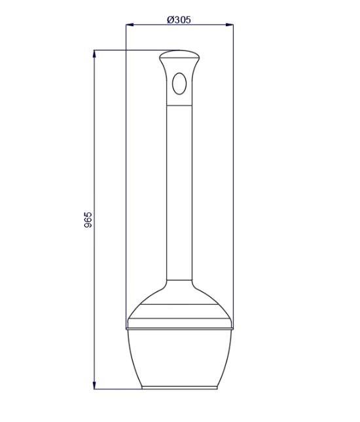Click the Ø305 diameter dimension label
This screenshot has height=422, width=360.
point(179,20)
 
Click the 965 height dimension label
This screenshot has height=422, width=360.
point(88,220)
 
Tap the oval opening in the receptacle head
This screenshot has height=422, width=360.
point(179,84)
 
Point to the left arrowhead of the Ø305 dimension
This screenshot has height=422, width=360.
point(130,25)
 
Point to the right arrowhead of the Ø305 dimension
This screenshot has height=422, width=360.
point(229,25)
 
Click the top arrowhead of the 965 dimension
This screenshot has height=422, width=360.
point(94,54)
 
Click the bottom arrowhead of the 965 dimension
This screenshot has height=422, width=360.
point(94,385)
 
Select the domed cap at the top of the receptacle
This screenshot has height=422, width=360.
point(179,54)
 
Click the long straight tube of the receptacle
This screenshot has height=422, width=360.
point(179,193)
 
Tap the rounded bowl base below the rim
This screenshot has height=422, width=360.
point(179,358)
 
